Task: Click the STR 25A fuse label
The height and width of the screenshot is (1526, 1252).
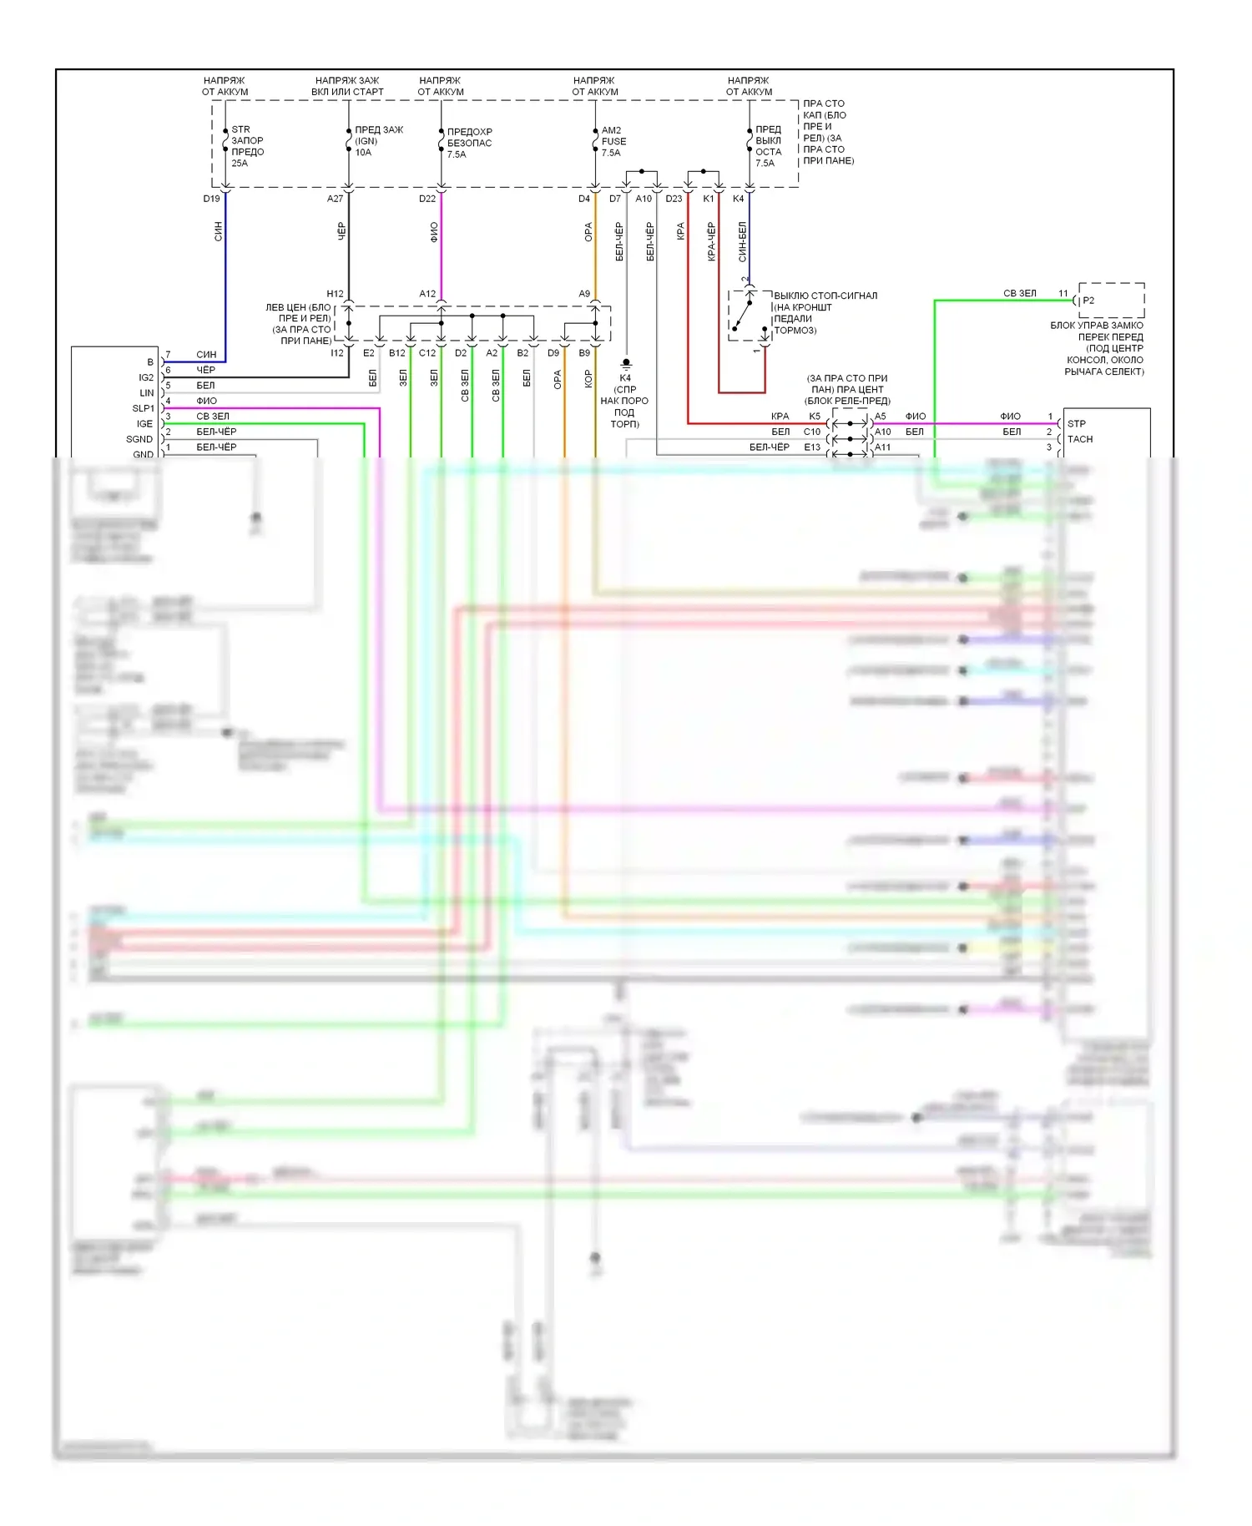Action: (x=247, y=146)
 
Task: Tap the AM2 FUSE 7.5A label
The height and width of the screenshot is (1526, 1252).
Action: (x=613, y=142)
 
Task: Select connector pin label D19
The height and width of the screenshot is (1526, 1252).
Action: (x=211, y=199)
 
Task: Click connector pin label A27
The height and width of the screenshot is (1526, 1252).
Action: (x=335, y=199)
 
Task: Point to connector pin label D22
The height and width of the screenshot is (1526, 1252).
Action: (x=427, y=199)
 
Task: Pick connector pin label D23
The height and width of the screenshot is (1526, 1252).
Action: (x=674, y=199)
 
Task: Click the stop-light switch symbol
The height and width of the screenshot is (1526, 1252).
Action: (x=749, y=316)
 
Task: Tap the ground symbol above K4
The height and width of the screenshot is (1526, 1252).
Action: (x=626, y=364)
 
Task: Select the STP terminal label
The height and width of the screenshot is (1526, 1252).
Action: (x=1077, y=424)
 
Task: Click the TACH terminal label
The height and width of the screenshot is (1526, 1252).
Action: (x=1080, y=439)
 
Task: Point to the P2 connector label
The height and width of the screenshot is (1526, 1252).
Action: (x=1088, y=301)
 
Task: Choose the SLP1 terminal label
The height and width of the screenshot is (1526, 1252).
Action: (x=144, y=409)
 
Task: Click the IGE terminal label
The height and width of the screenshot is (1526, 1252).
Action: (x=145, y=424)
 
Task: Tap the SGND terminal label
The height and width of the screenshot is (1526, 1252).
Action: (x=139, y=439)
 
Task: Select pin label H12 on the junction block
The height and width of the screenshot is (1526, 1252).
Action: (x=335, y=294)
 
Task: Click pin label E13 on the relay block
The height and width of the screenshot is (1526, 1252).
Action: (x=812, y=447)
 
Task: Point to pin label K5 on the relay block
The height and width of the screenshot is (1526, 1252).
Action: (x=815, y=417)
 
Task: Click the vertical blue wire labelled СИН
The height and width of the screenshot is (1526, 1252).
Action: (x=225, y=275)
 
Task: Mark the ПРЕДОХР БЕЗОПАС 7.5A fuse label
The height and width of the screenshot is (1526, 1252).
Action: (x=469, y=143)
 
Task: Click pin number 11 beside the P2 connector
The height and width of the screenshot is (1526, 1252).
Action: (x=1063, y=294)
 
